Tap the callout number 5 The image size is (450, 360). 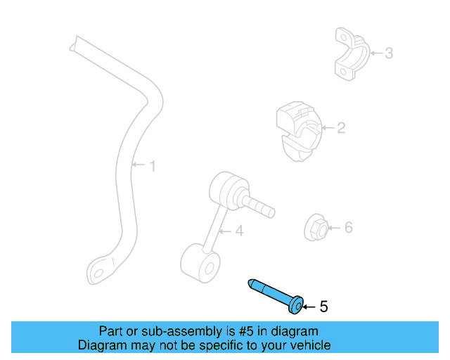(x=323, y=307)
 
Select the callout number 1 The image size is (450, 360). (x=152, y=166)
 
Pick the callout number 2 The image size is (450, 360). (x=340, y=128)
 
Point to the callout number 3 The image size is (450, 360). (x=387, y=53)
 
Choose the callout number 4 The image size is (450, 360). (x=239, y=230)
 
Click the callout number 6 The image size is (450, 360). (x=348, y=227)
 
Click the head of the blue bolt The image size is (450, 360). (x=296, y=304)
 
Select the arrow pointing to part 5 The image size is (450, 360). (x=309, y=307)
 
